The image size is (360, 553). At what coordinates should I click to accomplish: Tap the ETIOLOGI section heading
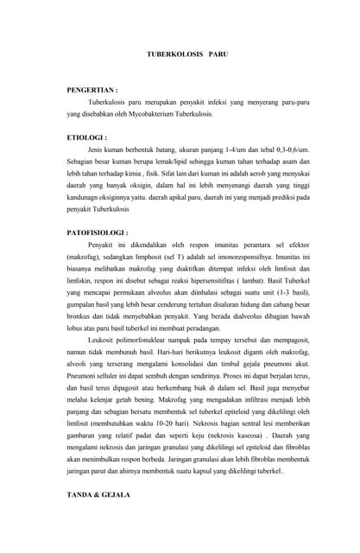coord(87,137)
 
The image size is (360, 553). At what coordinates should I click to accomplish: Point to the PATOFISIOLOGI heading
coord(98,232)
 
